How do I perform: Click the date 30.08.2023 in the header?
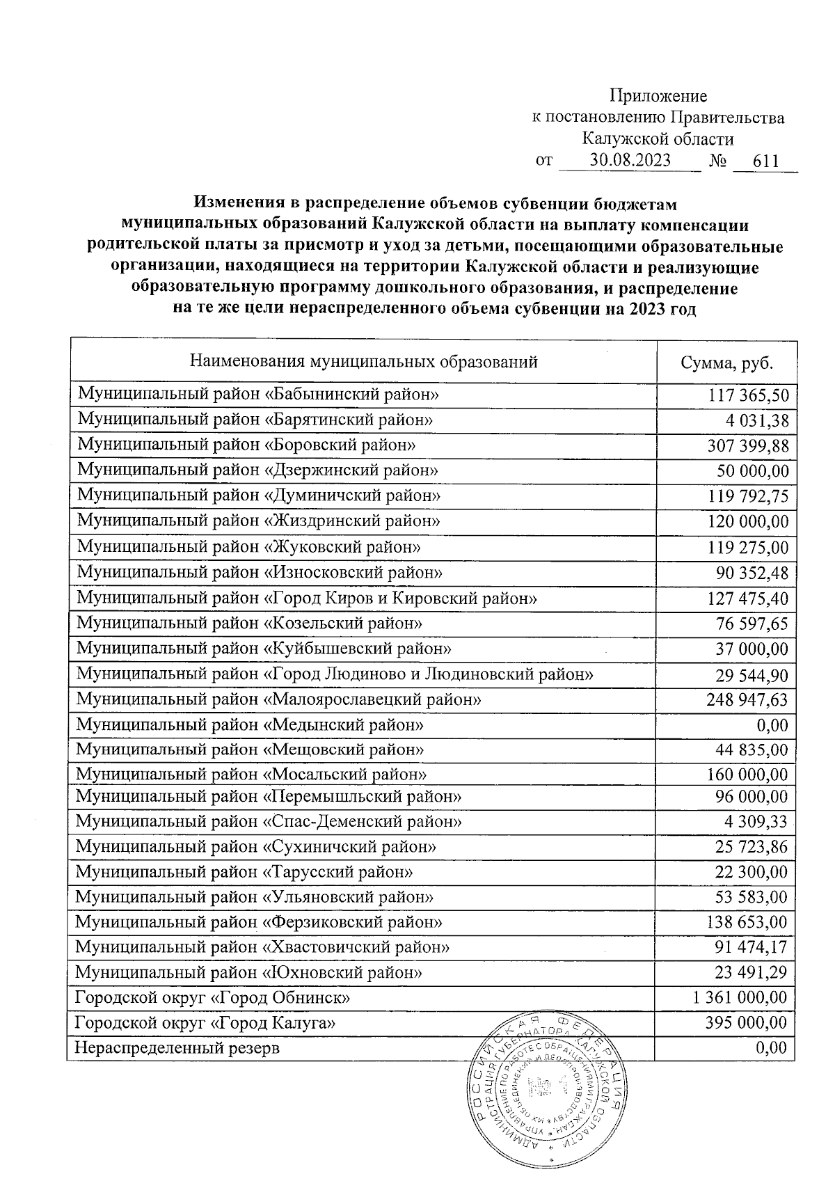pos(630,161)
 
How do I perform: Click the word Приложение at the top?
pos(658,96)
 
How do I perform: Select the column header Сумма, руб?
pos(726,363)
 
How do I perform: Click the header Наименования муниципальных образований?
pos(364,362)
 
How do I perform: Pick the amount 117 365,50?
pos(749,396)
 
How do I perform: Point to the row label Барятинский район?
pos(255,420)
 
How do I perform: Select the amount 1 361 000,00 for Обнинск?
pos(740,998)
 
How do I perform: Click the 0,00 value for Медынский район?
pos(772,726)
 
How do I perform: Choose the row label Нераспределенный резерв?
pos(177,1047)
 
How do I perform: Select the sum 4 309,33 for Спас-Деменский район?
pos(756,822)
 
